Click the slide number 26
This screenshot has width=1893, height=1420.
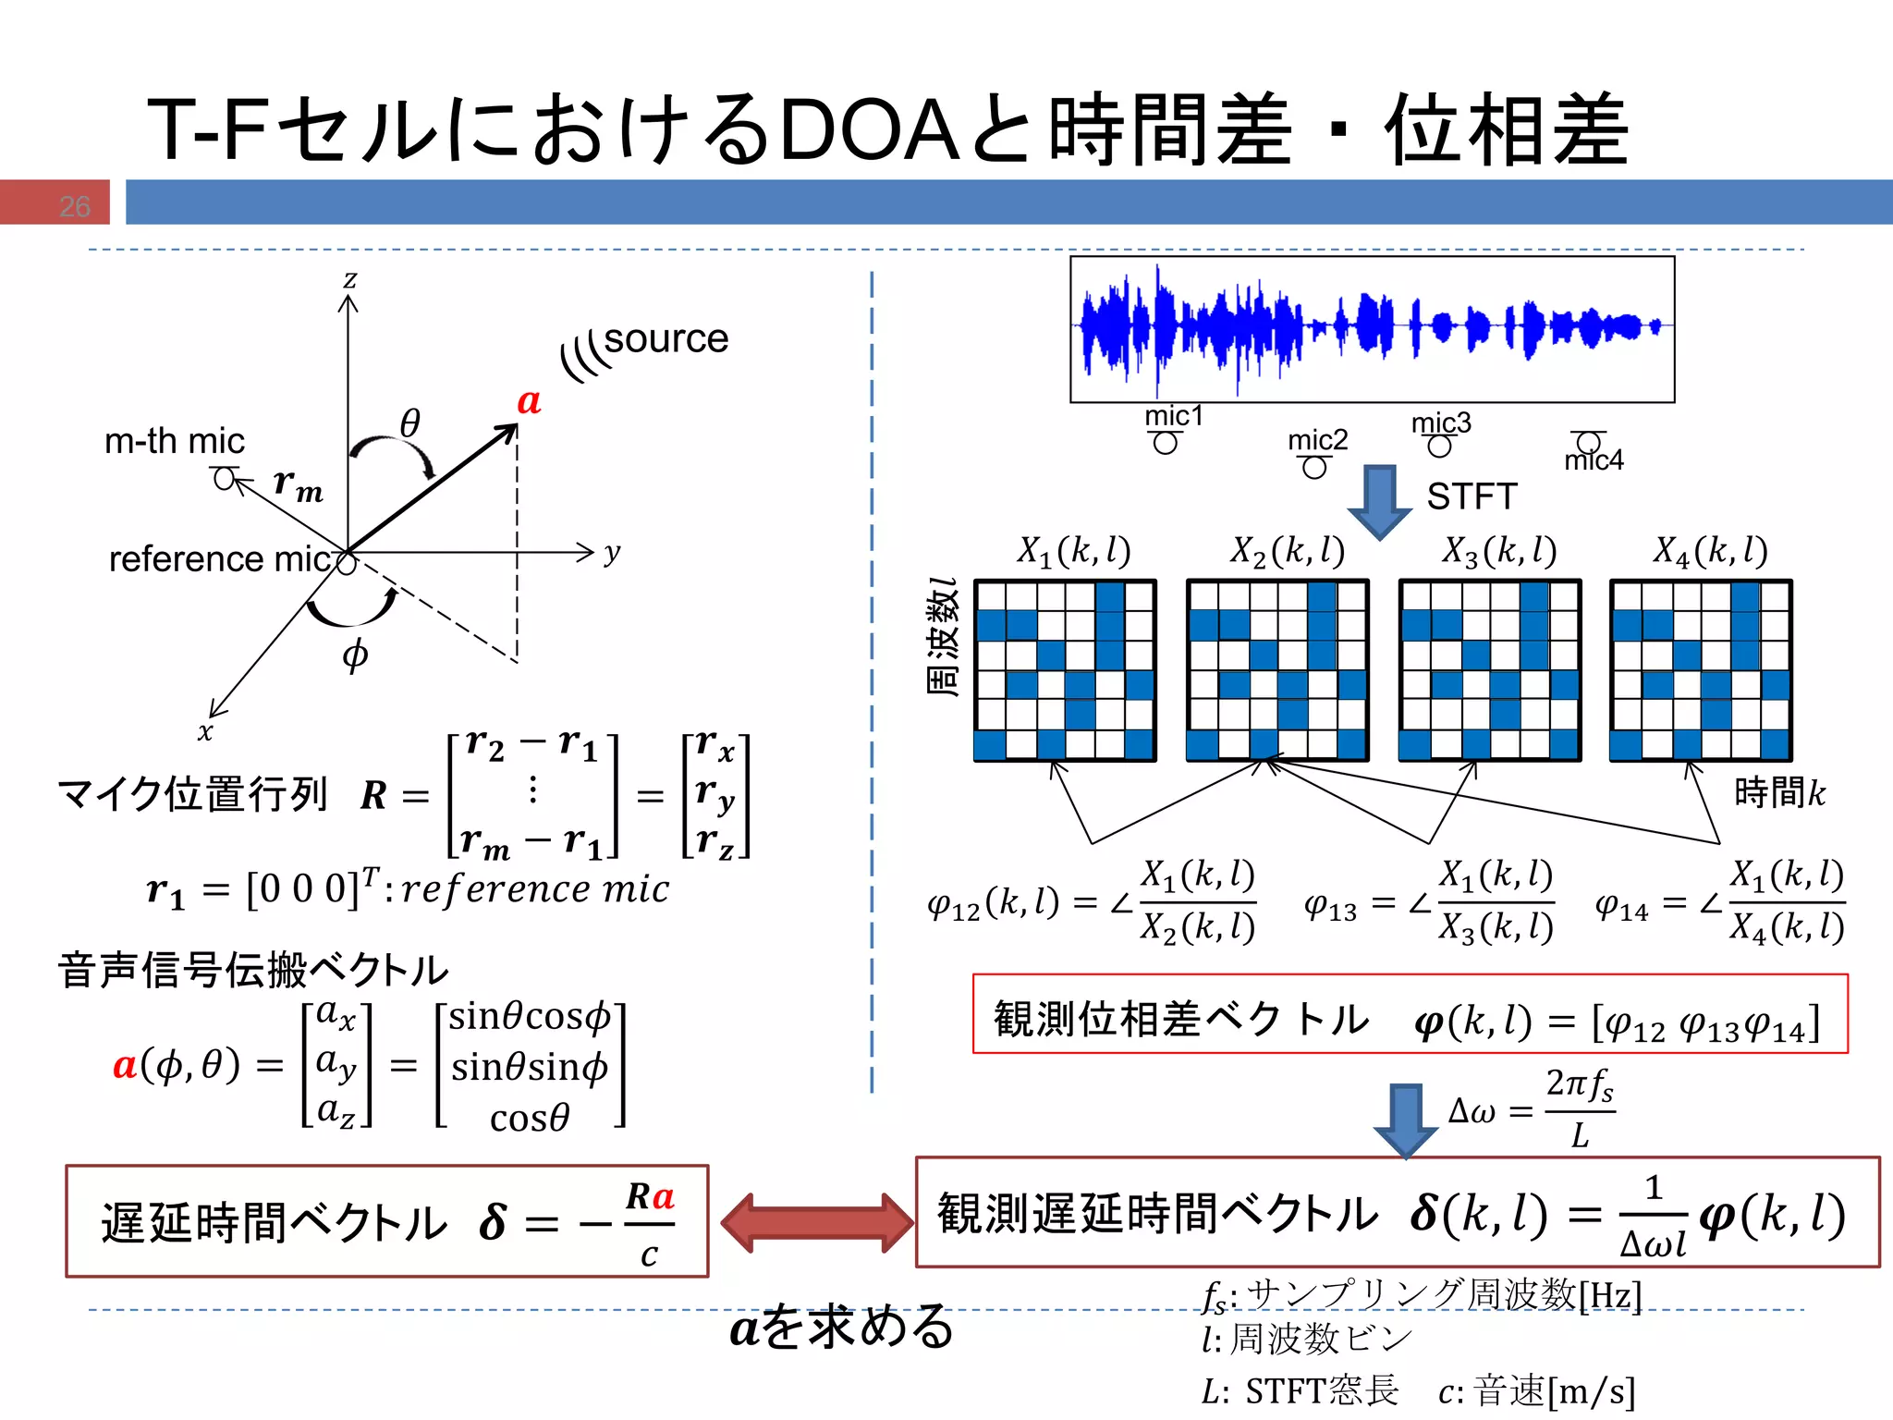[75, 205]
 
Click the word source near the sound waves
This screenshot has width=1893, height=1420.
[666, 339]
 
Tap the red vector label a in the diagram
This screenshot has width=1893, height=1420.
[529, 401]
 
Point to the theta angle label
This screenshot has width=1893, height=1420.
[409, 423]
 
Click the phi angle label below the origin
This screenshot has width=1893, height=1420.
[355, 655]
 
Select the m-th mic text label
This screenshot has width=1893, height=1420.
[175, 441]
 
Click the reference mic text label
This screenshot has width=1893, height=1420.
[220, 558]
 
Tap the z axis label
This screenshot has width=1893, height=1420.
[349, 278]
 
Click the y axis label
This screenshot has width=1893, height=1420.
[612, 553]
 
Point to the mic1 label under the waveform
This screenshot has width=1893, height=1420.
[1174, 416]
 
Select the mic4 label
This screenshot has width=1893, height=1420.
[1594, 459]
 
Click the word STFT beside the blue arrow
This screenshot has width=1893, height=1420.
[1472, 496]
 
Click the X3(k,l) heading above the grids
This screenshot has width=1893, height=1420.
[1499, 551]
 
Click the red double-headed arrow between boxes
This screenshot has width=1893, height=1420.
[817, 1222]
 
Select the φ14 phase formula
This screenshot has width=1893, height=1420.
[1719, 901]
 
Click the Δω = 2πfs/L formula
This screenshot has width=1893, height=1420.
[1532, 1108]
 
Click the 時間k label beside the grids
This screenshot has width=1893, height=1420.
[1779, 792]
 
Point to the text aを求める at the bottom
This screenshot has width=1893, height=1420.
[841, 1327]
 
